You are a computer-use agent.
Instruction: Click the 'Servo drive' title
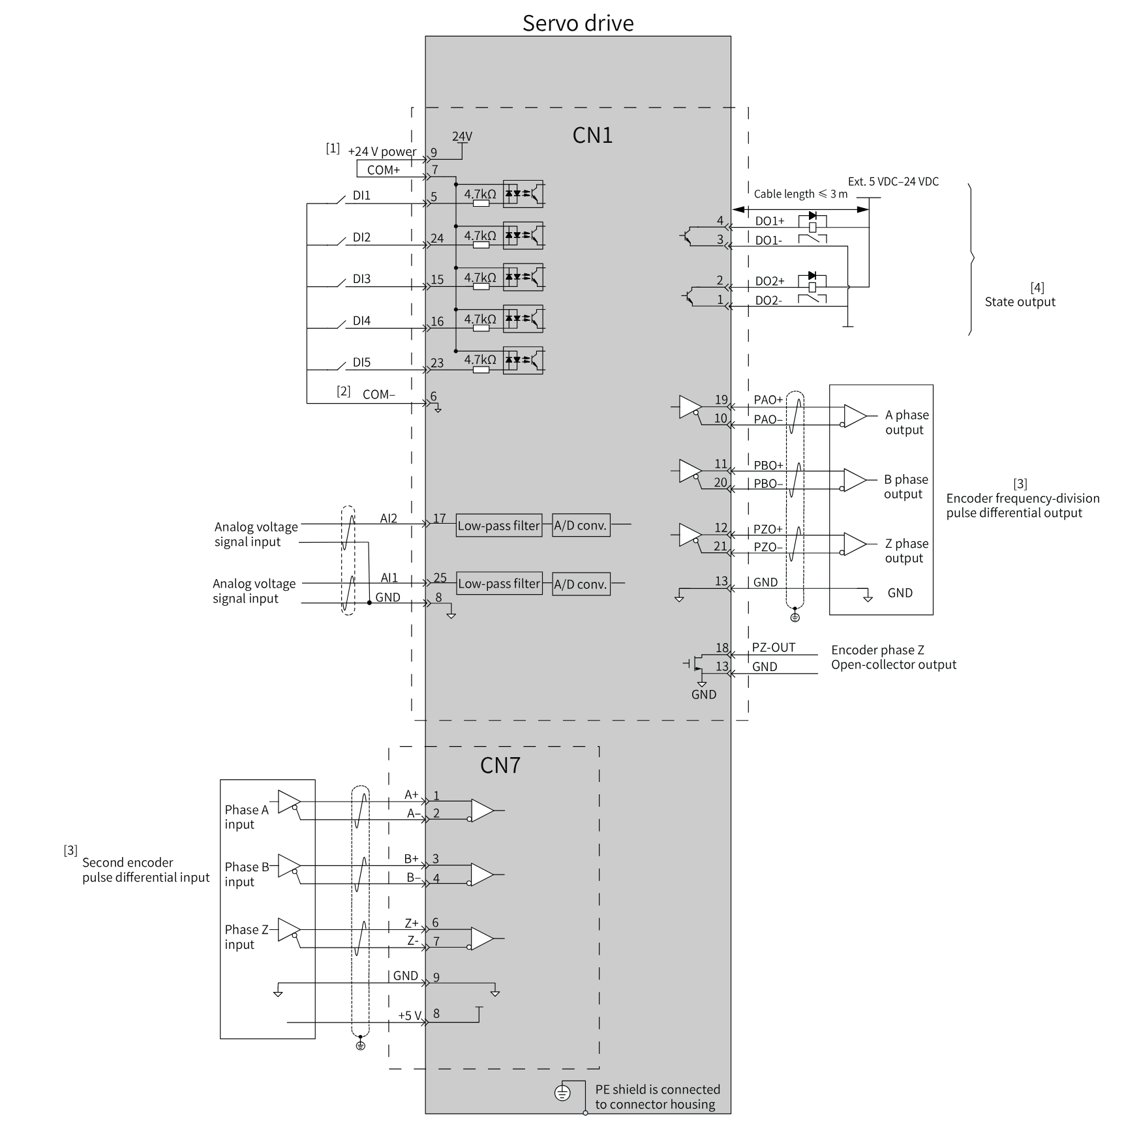click(x=578, y=23)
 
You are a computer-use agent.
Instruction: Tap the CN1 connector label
click(x=592, y=135)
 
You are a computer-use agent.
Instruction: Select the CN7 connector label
click(x=500, y=765)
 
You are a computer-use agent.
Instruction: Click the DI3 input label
click(x=361, y=279)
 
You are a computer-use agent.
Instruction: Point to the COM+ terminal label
click(x=384, y=170)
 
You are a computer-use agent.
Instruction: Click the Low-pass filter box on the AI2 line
click(x=499, y=526)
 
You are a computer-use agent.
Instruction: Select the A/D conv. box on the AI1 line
click(x=581, y=584)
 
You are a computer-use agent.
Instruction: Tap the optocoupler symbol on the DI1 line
click(x=523, y=194)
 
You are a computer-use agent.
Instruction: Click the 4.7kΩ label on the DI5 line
click(x=480, y=359)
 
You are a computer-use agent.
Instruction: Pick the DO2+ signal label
click(x=770, y=281)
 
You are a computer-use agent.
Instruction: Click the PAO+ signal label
click(x=768, y=400)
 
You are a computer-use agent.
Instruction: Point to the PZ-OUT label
click(x=774, y=647)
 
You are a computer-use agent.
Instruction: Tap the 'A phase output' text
click(x=907, y=422)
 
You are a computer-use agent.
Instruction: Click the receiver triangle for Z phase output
click(x=855, y=544)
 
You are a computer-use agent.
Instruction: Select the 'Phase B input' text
click(x=247, y=874)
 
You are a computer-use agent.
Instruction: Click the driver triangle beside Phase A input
click(x=289, y=801)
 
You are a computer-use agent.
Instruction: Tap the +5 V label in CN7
click(x=410, y=1015)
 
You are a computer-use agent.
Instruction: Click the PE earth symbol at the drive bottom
click(x=562, y=1092)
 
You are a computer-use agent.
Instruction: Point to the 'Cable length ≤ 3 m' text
click(x=800, y=194)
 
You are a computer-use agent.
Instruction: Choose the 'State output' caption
click(x=1020, y=302)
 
